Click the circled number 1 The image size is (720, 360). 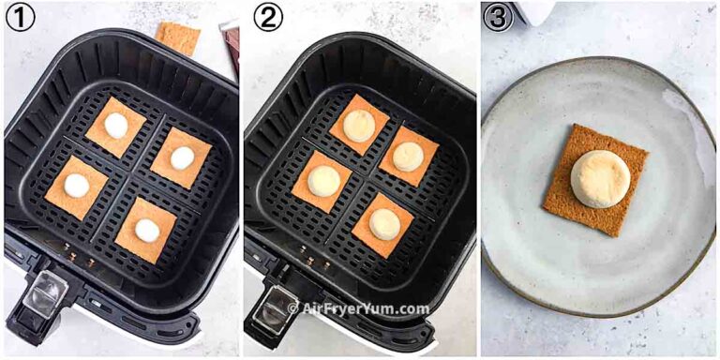point(21,16)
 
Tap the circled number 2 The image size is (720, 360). point(268,16)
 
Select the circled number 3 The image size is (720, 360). point(498,16)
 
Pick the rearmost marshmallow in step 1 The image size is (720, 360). point(116,125)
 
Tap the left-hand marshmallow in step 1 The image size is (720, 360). point(77,186)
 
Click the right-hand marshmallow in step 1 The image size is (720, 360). point(182,157)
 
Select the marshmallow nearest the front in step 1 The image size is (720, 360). point(147,230)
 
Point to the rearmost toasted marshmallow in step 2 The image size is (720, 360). point(359,126)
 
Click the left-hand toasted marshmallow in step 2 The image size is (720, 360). point(322,180)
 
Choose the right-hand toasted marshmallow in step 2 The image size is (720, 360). point(408,157)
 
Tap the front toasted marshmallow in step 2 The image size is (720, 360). point(384,224)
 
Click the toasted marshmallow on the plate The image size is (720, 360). point(600,178)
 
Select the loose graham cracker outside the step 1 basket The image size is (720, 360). point(178,37)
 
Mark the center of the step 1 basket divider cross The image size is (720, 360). point(131,178)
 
